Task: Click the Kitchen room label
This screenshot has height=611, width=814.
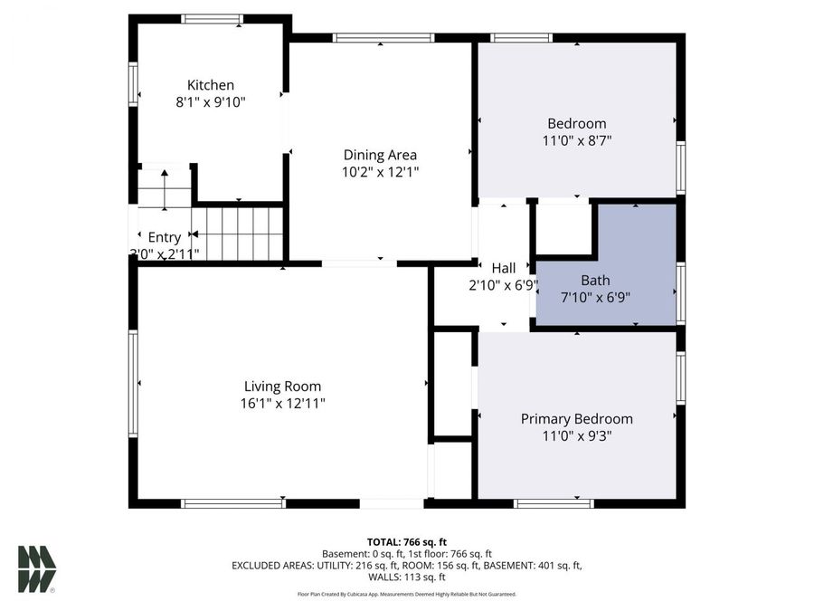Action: click(x=211, y=85)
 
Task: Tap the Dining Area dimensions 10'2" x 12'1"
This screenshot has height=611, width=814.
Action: click(x=380, y=171)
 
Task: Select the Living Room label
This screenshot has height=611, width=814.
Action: click(x=282, y=387)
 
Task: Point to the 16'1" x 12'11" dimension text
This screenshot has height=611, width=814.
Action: click(x=282, y=404)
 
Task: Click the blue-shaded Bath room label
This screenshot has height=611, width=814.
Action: click(x=595, y=280)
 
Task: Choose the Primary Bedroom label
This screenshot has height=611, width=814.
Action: click(x=576, y=419)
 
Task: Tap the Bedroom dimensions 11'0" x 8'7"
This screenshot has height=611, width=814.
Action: click(x=576, y=140)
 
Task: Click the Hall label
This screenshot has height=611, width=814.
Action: click(x=504, y=268)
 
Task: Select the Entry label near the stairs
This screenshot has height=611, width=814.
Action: click(x=165, y=237)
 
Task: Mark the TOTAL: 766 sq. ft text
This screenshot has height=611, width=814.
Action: click(x=406, y=540)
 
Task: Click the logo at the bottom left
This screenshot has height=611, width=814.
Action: click(x=37, y=569)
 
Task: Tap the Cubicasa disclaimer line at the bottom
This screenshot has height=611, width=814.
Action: click(x=406, y=594)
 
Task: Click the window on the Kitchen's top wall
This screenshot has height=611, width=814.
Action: click(x=212, y=19)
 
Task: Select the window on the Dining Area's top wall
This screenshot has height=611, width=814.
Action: click(x=383, y=38)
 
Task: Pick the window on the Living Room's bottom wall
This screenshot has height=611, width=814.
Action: click(x=232, y=503)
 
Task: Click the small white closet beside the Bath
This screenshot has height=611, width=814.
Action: click(x=563, y=228)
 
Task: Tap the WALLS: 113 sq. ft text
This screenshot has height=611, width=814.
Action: click(x=406, y=577)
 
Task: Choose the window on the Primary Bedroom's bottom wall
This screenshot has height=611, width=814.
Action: click(x=554, y=503)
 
